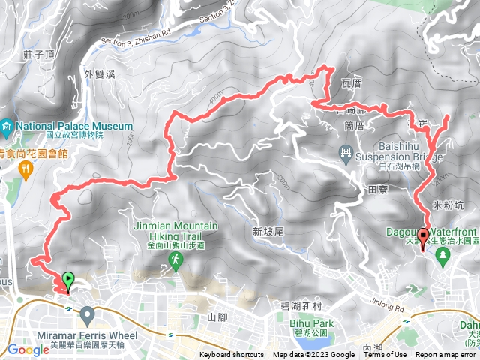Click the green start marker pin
[x=69, y=280]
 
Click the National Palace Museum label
[x=73, y=126]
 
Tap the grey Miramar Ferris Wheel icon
[x=87, y=313]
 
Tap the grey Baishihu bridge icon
[x=346, y=154]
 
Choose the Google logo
[x=28, y=349]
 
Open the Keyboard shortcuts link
[x=232, y=355]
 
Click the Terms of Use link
[x=385, y=355]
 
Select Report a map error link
[x=446, y=355]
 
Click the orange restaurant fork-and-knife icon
[x=27, y=170]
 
